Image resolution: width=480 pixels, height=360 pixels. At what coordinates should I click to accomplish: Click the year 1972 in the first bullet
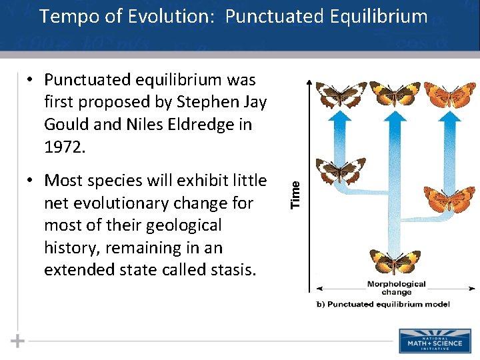(65, 147)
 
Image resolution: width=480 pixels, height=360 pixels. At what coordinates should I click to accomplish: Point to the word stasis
(227, 269)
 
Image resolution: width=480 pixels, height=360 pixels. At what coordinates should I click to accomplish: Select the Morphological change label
(396, 288)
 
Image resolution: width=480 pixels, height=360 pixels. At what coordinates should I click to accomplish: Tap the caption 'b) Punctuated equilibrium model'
(383, 304)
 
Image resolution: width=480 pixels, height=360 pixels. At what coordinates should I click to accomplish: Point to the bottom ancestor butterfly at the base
(395, 261)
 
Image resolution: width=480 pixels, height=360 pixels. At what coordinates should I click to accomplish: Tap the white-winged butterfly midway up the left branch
(340, 171)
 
